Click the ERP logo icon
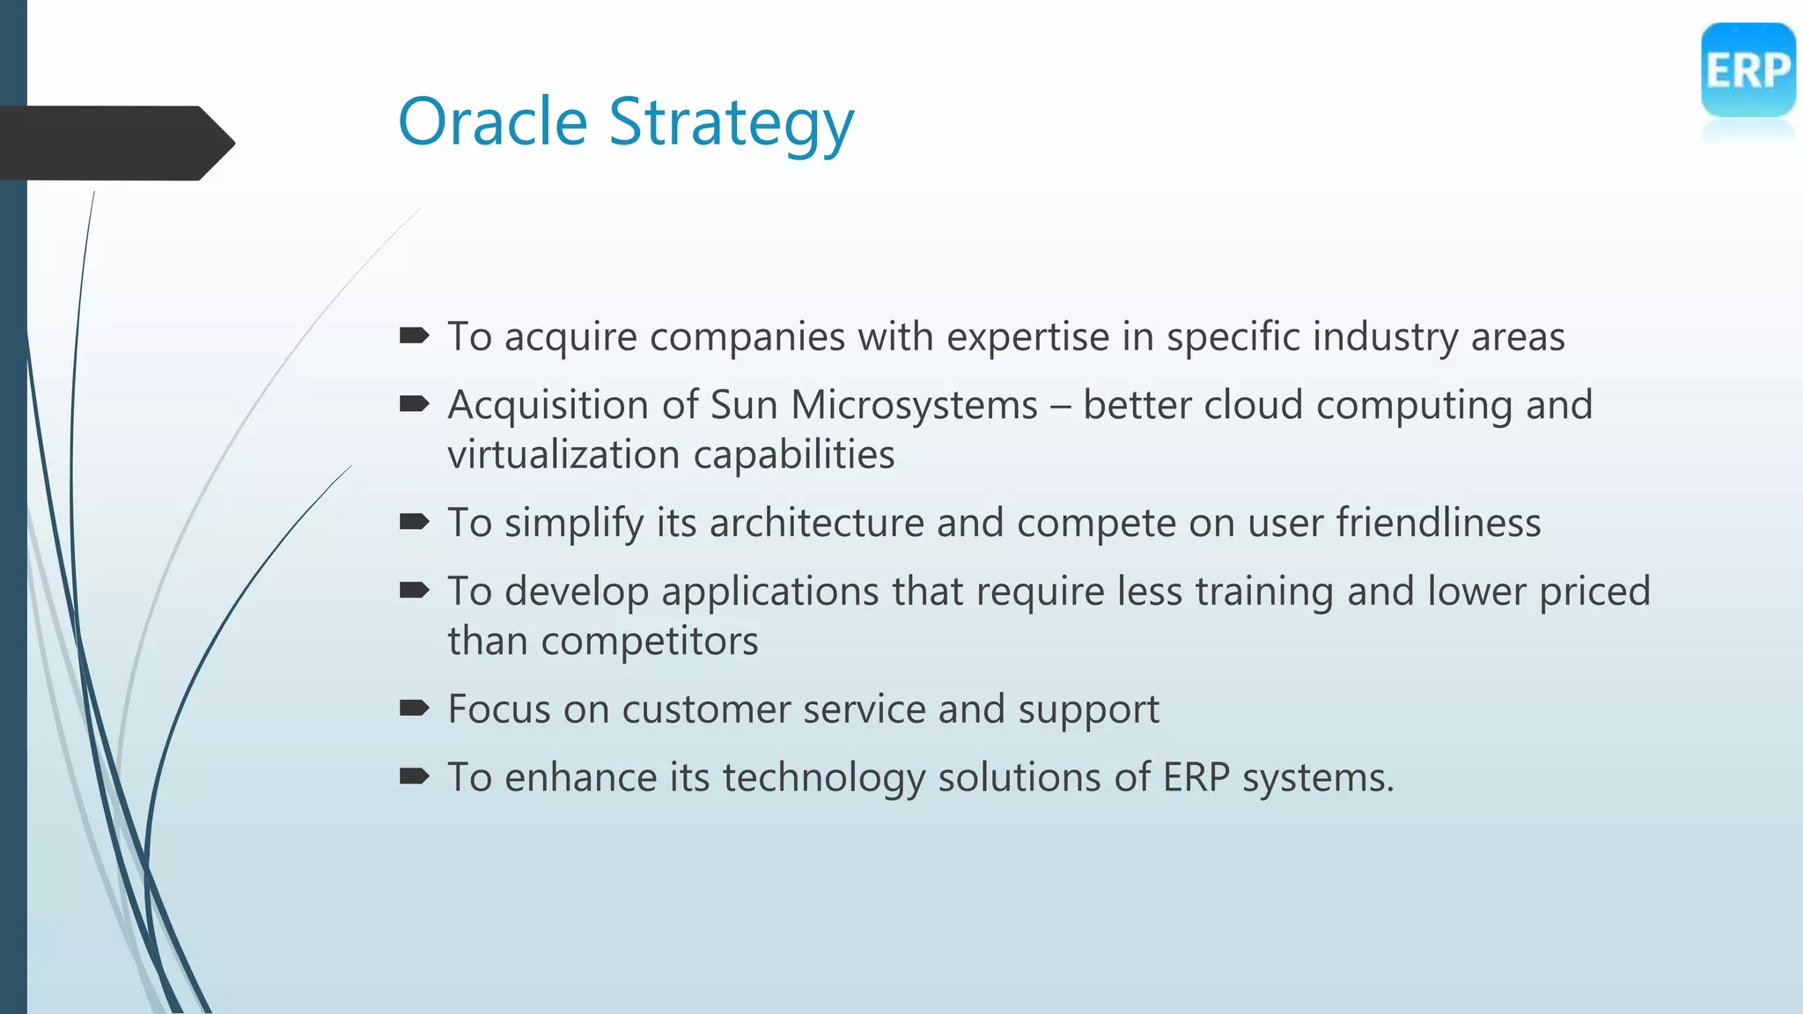[x=1748, y=70]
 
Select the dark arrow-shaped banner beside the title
[x=114, y=143]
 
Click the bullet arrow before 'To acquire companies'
[x=414, y=335]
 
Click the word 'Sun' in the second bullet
[x=743, y=405]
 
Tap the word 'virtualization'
[x=563, y=455]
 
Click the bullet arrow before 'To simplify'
[x=414, y=522]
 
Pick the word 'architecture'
[x=816, y=523]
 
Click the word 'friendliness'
[x=1438, y=523]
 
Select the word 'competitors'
[x=649, y=641]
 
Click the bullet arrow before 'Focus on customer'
[x=414, y=708]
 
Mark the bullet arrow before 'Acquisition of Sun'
[x=414, y=404]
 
